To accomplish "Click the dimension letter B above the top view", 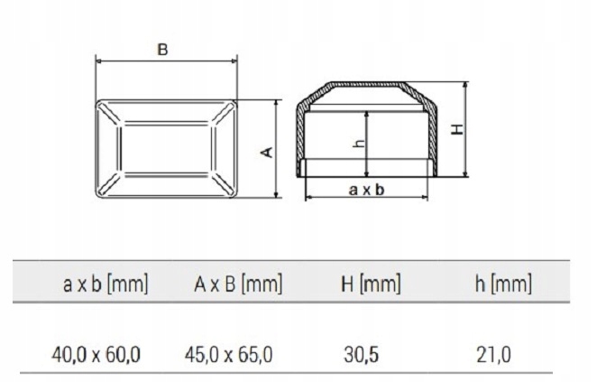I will (x=163, y=50).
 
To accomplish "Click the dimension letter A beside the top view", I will (x=266, y=152).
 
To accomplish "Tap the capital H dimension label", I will (x=458, y=129).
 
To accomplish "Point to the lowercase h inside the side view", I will (x=358, y=143).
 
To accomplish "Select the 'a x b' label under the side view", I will (x=366, y=189).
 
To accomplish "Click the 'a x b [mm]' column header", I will (x=106, y=285).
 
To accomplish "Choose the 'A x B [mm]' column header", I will (x=238, y=285).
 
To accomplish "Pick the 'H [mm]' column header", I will (x=370, y=285).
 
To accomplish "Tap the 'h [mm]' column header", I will (x=502, y=285).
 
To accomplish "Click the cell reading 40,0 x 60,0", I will (x=96, y=351).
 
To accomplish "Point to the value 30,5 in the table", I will (x=361, y=351).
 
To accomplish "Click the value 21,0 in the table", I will (x=493, y=351).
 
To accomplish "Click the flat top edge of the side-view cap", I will (x=365, y=82).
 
